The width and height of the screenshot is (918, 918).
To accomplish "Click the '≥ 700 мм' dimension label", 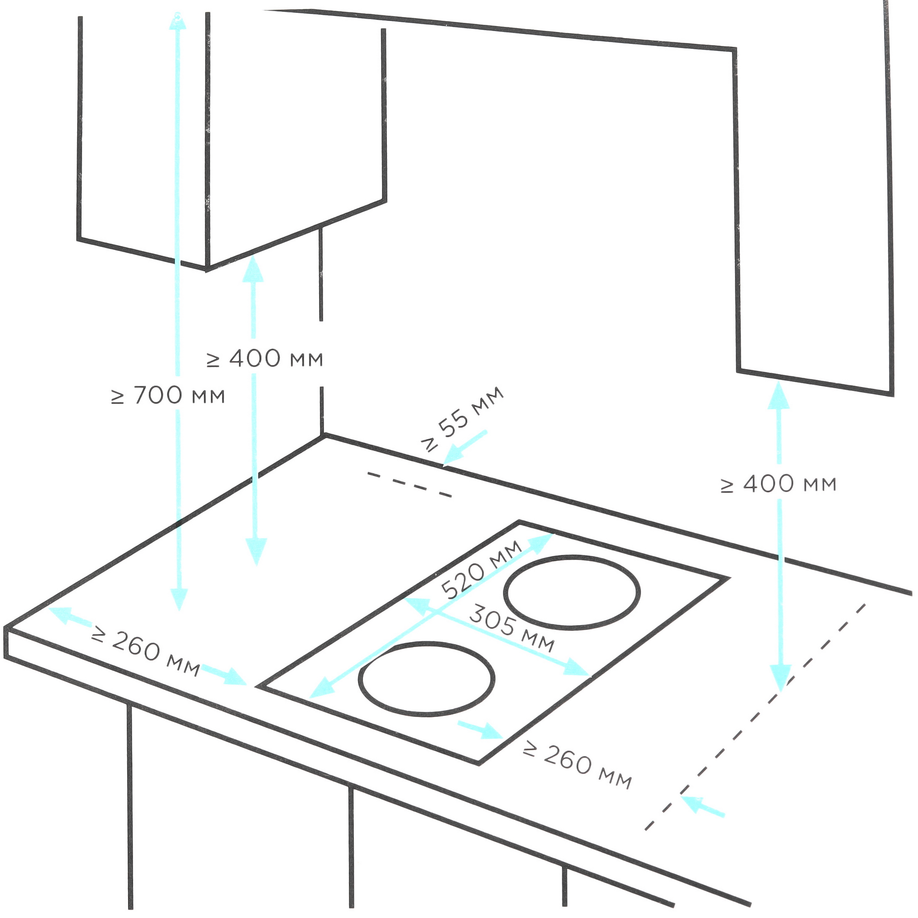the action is coord(168,395).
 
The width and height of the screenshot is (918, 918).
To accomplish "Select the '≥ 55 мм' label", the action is coord(462,419).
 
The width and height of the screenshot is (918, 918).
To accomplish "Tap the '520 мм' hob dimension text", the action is coord(481,570).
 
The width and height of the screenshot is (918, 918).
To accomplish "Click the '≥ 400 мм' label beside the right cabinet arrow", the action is coord(778,484).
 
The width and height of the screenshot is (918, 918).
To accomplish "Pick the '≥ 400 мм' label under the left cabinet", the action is coord(265,359).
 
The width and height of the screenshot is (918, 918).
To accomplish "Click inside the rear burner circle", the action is coord(571,591).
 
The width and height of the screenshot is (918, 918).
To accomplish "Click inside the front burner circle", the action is coord(427,677).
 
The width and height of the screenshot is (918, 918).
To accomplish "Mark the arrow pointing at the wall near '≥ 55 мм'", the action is coord(465,448).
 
